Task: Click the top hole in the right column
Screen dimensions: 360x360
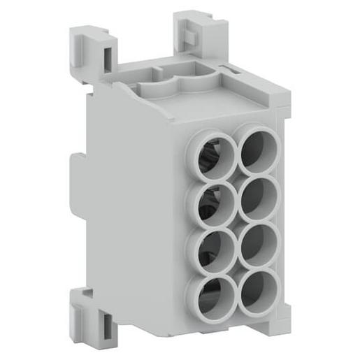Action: [x=259, y=148]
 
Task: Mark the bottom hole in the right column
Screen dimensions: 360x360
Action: [x=257, y=287]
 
